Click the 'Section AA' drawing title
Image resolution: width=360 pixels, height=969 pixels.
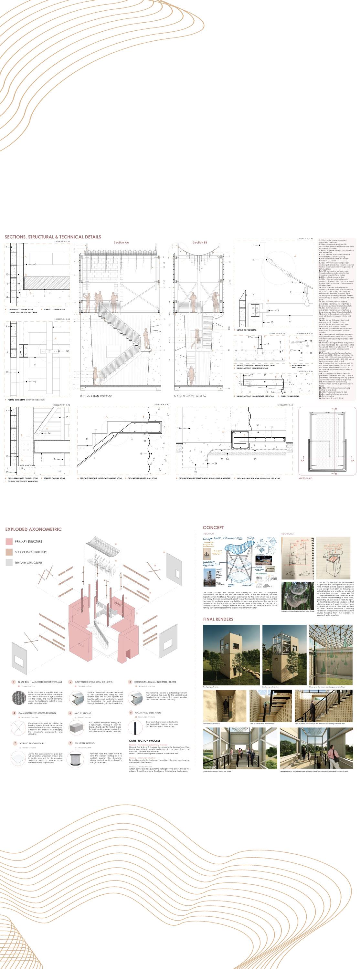tap(121, 243)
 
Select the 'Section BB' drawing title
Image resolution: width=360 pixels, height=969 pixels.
tap(200, 243)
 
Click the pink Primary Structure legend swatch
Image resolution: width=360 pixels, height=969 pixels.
tap(9, 542)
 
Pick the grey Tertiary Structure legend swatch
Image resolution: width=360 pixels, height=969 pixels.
tap(9, 563)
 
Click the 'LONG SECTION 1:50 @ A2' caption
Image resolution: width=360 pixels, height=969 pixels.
tap(96, 396)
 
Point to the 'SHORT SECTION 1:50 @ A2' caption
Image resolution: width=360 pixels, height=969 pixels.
tap(190, 396)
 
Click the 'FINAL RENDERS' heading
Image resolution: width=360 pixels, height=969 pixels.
tap(218, 619)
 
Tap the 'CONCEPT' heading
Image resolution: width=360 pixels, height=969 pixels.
tap(213, 527)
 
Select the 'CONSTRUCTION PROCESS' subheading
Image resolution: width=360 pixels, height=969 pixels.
tap(144, 741)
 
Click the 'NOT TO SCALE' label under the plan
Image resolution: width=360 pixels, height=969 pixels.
tap(305, 478)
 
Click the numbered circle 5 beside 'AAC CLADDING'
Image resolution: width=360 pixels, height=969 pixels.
tap(70, 713)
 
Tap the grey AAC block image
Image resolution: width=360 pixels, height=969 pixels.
tap(76, 729)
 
